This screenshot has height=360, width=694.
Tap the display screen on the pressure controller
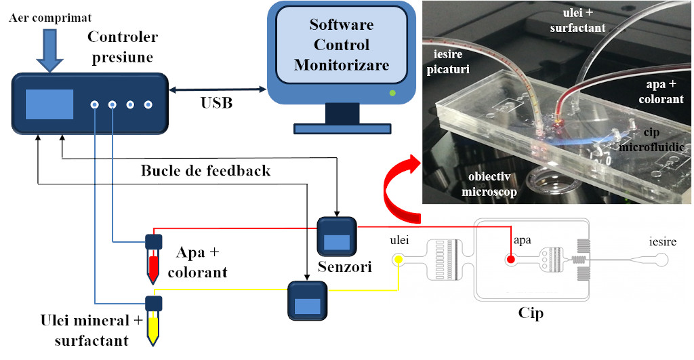click(49, 104)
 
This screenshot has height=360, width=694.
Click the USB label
click(216, 103)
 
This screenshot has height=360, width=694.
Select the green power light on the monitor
click(392, 92)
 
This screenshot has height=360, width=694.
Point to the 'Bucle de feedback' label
click(205, 170)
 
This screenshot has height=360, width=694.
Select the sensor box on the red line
click(337, 237)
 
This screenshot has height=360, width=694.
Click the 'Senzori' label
click(345, 268)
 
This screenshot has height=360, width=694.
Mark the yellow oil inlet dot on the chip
click(399, 260)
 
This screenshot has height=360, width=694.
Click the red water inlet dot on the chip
click(510, 259)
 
